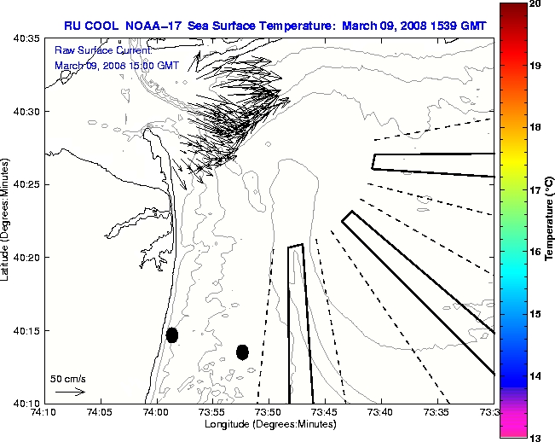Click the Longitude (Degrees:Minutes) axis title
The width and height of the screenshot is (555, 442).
(x=268, y=425)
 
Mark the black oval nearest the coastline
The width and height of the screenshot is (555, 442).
(x=172, y=334)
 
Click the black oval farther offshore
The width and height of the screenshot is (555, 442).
(x=242, y=352)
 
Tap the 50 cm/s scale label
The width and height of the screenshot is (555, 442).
(x=68, y=378)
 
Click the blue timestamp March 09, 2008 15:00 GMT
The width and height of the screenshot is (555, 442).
(x=117, y=65)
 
